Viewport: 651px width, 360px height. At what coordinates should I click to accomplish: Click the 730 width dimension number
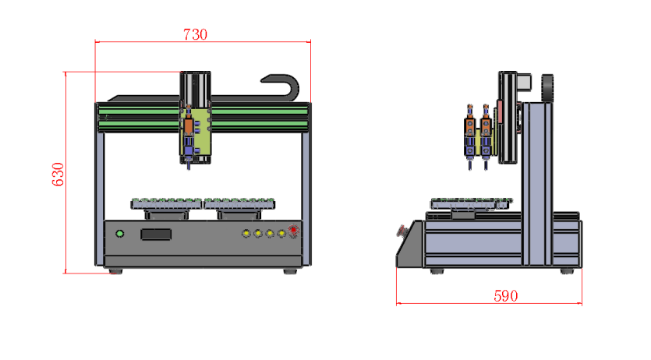pos(195,34)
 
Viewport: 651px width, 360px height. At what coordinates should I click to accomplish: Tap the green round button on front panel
pos(119,234)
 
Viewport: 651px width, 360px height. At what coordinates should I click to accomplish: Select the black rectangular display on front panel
pos(156,234)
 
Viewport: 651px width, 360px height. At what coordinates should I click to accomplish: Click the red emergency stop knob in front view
pos(293,231)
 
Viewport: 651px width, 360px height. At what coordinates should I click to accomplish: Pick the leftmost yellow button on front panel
pos(246,234)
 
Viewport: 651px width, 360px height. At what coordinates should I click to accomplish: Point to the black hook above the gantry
pos(282,84)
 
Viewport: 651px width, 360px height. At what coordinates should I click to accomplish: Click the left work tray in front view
pos(167,203)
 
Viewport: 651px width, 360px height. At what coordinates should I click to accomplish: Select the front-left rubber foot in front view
pos(115,271)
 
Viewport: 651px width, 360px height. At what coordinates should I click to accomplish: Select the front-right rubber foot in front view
pos(291,271)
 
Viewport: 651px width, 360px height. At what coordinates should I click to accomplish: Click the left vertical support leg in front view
pos(100,199)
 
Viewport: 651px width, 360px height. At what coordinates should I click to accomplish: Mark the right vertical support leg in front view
pos(306,199)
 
